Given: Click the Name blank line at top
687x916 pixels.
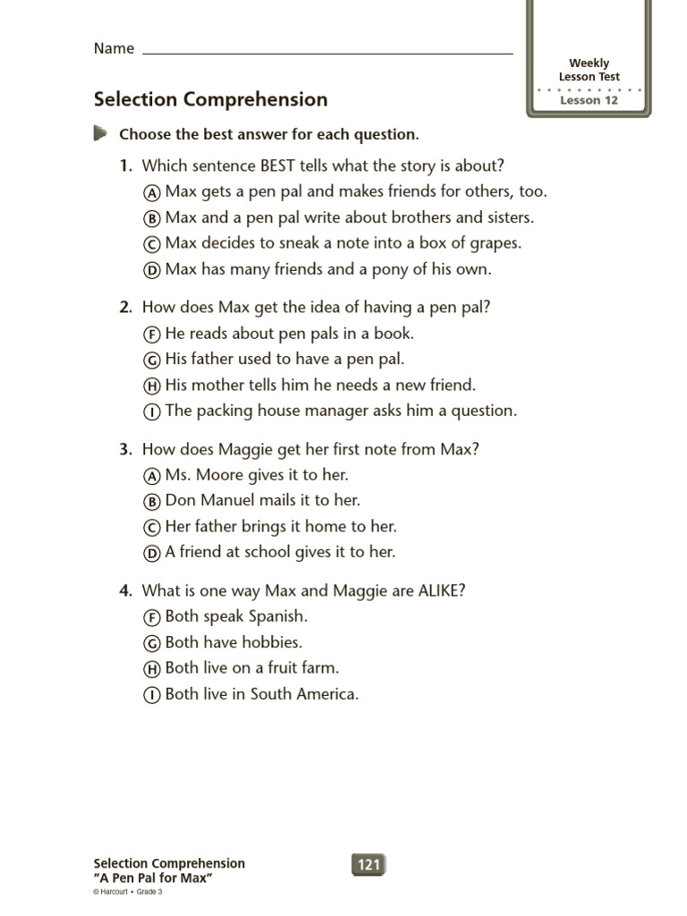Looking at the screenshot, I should tap(327, 52).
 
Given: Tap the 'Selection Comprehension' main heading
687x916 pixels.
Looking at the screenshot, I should tap(210, 99).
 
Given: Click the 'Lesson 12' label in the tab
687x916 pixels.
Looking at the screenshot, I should tap(589, 100).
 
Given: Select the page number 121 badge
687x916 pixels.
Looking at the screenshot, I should tap(369, 864).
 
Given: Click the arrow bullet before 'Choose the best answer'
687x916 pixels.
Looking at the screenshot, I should tap(99, 134).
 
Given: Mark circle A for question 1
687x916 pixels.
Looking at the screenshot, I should tap(152, 192).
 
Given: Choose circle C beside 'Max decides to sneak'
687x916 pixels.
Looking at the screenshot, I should tap(152, 244).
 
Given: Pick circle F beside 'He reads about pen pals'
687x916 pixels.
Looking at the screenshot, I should tap(152, 335).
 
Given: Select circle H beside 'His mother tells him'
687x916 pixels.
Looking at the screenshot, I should tap(152, 386).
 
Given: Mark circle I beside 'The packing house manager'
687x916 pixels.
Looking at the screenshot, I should tap(152, 412).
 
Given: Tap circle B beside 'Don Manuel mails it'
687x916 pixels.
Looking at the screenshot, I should tap(152, 502).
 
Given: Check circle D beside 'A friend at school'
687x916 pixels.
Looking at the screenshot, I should tap(152, 554).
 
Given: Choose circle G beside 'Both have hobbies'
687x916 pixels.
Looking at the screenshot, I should tap(152, 643).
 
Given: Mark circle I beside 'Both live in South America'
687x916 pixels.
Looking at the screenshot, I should tap(152, 695).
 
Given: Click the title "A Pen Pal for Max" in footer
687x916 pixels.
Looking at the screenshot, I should tap(153, 878).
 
